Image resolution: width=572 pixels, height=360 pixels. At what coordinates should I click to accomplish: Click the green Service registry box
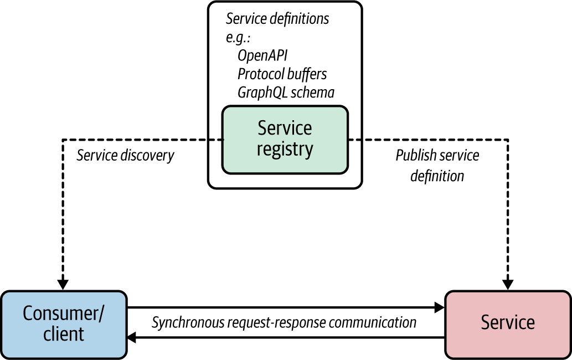tap(285, 138)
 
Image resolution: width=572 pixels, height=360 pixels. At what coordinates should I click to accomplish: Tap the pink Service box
tap(508, 323)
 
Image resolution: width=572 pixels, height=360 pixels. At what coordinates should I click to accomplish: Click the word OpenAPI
tap(262, 56)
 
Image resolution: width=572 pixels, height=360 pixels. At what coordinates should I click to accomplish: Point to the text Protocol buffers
tap(282, 74)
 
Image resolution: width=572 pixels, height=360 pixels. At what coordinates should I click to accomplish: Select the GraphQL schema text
tap(286, 92)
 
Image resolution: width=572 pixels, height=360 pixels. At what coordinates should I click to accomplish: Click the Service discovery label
tap(125, 155)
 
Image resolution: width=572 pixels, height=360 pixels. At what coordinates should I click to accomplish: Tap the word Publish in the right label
tap(413, 155)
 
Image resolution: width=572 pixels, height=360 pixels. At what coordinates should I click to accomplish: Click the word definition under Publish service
tap(437, 176)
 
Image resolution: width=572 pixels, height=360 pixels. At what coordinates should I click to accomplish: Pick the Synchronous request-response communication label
tap(284, 322)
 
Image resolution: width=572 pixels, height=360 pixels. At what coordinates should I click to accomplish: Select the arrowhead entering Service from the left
tap(439, 307)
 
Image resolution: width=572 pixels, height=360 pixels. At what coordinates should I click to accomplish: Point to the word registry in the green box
tap(285, 150)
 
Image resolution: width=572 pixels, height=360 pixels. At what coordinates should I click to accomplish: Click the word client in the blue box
tap(64, 334)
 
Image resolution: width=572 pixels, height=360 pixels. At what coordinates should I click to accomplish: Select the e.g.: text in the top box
tap(239, 38)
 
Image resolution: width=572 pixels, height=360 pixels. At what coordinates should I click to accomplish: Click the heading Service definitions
tap(277, 19)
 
